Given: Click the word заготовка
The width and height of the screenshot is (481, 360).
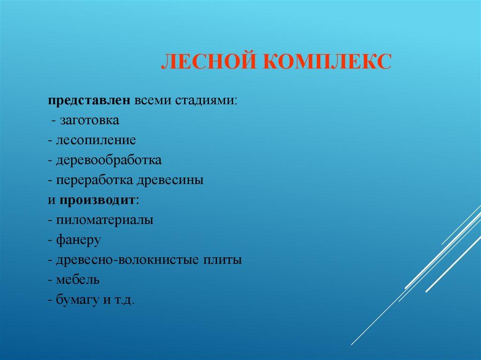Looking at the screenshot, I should tap(89, 121).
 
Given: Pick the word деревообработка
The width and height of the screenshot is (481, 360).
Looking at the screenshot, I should tap(109, 160).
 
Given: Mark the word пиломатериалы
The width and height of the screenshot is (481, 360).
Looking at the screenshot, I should tap(104, 220).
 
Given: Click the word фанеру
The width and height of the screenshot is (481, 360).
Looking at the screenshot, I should tap(78, 240).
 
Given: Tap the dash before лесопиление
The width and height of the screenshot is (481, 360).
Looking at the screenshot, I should tap(50, 141).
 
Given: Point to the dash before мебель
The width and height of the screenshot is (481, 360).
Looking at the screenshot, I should tap(50, 280).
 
